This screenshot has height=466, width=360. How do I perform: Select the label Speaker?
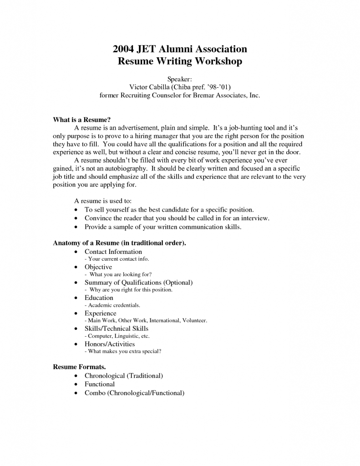tap(180, 79)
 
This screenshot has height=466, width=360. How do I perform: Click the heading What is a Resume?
tap(82, 120)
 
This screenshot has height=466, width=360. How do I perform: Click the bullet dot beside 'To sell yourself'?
tap(76, 210)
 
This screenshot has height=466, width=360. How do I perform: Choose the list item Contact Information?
tap(113, 252)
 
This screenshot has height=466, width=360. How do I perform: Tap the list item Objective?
tap(98, 267)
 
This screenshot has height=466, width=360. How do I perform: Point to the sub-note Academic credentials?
tap(114, 305)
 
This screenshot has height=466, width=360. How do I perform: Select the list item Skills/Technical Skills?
tap(117, 329)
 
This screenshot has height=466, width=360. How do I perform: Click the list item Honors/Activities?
tap(110, 344)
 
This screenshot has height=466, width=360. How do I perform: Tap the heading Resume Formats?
tap(80, 366)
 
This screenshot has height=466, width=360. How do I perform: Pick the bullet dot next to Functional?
tap(76, 385)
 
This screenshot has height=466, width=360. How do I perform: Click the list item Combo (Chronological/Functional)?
tap(134, 393)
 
